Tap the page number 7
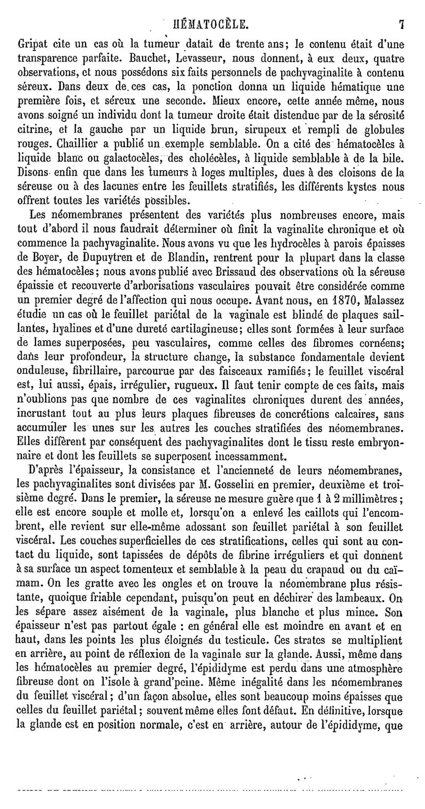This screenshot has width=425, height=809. (x=403, y=24)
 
